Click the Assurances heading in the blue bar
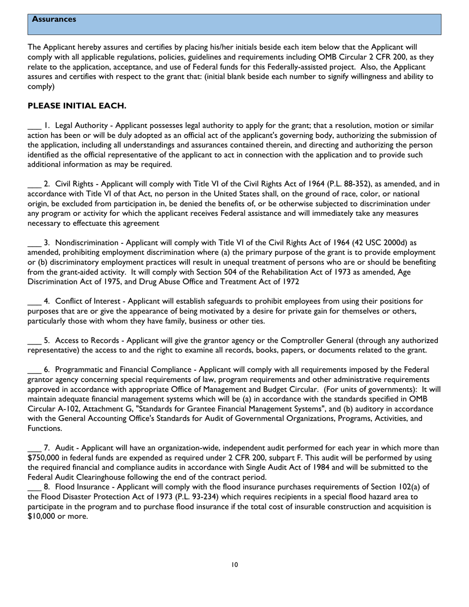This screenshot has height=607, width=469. click(x=54, y=19)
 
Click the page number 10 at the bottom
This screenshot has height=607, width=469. click(x=234, y=565)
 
